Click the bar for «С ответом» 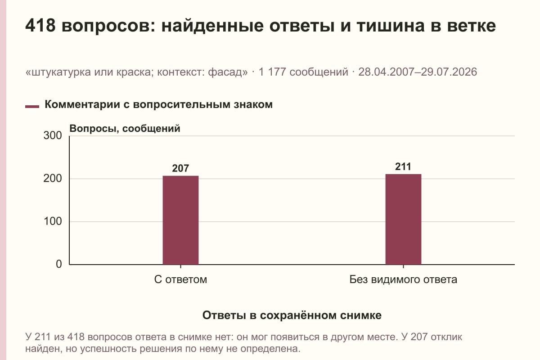(x=180, y=220)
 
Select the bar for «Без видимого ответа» (x=403, y=219)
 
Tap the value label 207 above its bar (x=180, y=168)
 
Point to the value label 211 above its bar (x=403, y=166)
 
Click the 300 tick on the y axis (x=53, y=135)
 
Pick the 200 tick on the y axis (x=53, y=179)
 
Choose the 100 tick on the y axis (x=53, y=221)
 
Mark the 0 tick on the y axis (x=59, y=264)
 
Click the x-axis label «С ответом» (x=180, y=279)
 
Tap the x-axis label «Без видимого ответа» (x=403, y=279)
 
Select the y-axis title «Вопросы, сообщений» (x=125, y=129)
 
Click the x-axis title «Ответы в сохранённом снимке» (x=292, y=315)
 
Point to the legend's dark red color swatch (x=32, y=107)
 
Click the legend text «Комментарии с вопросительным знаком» (x=158, y=105)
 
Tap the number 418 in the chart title (x=40, y=26)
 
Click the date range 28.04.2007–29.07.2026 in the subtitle (x=418, y=72)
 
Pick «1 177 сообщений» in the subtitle (x=303, y=72)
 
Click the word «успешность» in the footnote (x=108, y=349)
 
